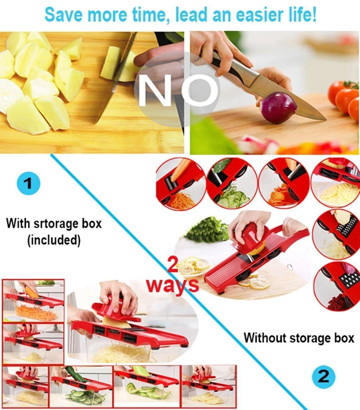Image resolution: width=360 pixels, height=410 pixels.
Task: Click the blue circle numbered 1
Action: (29, 183)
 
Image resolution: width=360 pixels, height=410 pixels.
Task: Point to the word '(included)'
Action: (53, 240)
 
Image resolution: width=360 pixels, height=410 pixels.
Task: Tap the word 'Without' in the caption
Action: (265, 338)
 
